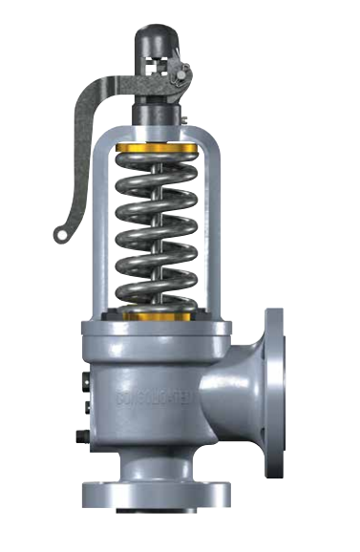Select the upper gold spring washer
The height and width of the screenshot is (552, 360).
(159, 149)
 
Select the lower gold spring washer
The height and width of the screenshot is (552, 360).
(159, 315)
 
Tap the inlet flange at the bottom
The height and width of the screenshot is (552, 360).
(157, 495)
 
